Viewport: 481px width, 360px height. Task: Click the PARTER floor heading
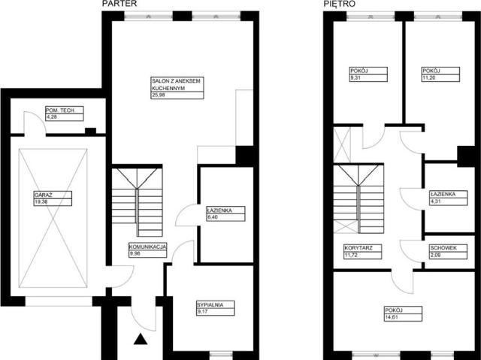click(119, 4)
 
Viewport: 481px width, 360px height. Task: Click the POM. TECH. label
click(60, 110)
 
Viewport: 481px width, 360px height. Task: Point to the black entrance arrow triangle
click(141, 339)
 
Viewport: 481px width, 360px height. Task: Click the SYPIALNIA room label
click(210, 305)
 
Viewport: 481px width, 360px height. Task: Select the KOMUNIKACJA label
click(148, 247)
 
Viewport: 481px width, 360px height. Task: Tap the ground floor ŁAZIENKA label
click(219, 210)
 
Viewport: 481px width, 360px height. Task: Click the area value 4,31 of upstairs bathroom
click(436, 201)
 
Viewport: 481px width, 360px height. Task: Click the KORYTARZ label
click(358, 248)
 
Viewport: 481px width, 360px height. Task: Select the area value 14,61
click(391, 317)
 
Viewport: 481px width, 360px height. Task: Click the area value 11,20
click(428, 78)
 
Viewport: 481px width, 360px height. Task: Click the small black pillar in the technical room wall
click(90, 132)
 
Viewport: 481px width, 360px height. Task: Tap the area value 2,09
click(436, 255)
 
